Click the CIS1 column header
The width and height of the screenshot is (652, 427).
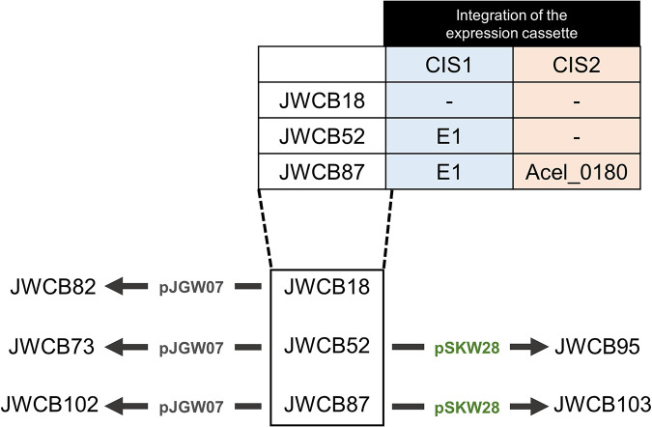click(448, 66)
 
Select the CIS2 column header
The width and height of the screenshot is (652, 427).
click(577, 66)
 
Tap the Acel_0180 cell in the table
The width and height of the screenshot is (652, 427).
click(577, 172)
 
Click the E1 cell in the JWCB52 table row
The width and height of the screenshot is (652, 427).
click(448, 136)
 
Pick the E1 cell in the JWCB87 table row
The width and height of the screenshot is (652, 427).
click(448, 172)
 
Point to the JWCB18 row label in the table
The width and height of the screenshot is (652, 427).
click(322, 100)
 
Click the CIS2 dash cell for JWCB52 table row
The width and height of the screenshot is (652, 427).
click(577, 137)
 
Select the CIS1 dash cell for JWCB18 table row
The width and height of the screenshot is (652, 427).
click(448, 101)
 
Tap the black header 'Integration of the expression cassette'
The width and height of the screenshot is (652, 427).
click(511, 24)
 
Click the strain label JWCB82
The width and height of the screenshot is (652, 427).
click(53, 287)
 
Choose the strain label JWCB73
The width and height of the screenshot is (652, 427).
click(52, 347)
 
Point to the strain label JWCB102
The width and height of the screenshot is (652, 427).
click(49, 405)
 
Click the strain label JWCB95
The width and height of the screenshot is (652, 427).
click(597, 347)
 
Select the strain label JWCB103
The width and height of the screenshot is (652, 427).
click(603, 405)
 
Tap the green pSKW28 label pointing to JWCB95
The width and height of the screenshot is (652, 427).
click(467, 349)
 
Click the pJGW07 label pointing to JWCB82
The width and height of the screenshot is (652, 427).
click(191, 287)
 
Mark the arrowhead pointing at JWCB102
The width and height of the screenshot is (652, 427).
click(114, 406)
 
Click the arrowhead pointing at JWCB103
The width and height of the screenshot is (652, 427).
click(539, 406)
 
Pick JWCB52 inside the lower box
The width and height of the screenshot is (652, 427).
click(326, 346)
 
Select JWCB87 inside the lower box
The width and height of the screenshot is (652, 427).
click(326, 405)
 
